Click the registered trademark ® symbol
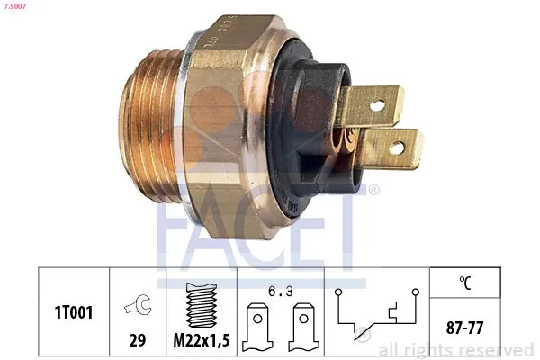tap(374, 190)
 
